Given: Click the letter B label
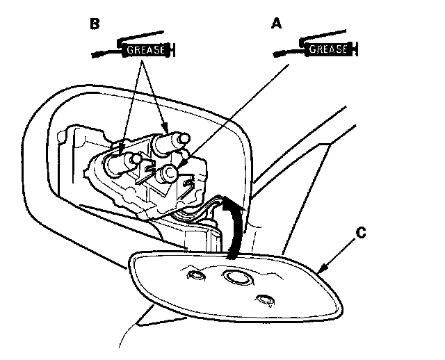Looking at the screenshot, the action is click(96, 24).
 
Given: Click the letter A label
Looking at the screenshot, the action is click(277, 24).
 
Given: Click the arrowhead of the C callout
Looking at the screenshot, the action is click(321, 268).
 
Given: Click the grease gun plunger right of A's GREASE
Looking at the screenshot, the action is click(355, 50).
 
